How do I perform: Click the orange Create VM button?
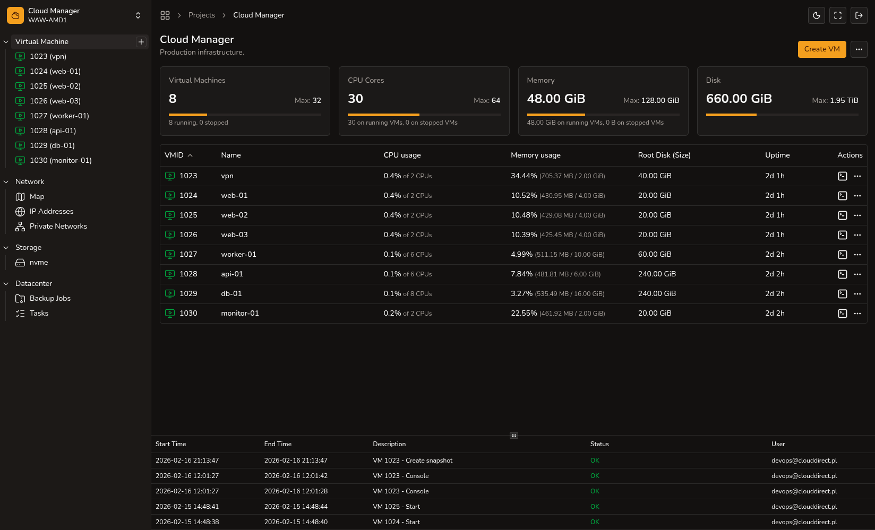[x=821, y=49]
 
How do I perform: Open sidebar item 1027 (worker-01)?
[x=59, y=116]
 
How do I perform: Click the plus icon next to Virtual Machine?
[x=141, y=42]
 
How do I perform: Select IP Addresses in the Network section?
[x=51, y=211]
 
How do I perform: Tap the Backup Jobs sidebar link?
[x=50, y=298]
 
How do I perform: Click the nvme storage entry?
[x=39, y=262]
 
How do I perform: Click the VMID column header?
[x=174, y=155]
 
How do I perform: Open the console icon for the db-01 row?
[x=842, y=294]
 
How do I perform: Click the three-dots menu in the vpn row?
[x=857, y=176]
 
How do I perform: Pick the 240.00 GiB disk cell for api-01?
[x=657, y=274]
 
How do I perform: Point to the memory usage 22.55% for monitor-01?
[x=524, y=313]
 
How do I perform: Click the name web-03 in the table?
[x=234, y=234]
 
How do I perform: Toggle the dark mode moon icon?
[x=817, y=15]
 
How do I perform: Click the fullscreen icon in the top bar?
[x=838, y=15]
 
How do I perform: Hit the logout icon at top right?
[x=859, y=15]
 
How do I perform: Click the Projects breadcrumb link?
[x=201, y=15]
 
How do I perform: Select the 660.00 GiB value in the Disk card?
[x=739, y=99]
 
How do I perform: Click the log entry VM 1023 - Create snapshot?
[x=413, y=461]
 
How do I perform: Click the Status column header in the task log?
[x=599, y=444]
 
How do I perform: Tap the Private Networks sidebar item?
[x=58, y=226]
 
